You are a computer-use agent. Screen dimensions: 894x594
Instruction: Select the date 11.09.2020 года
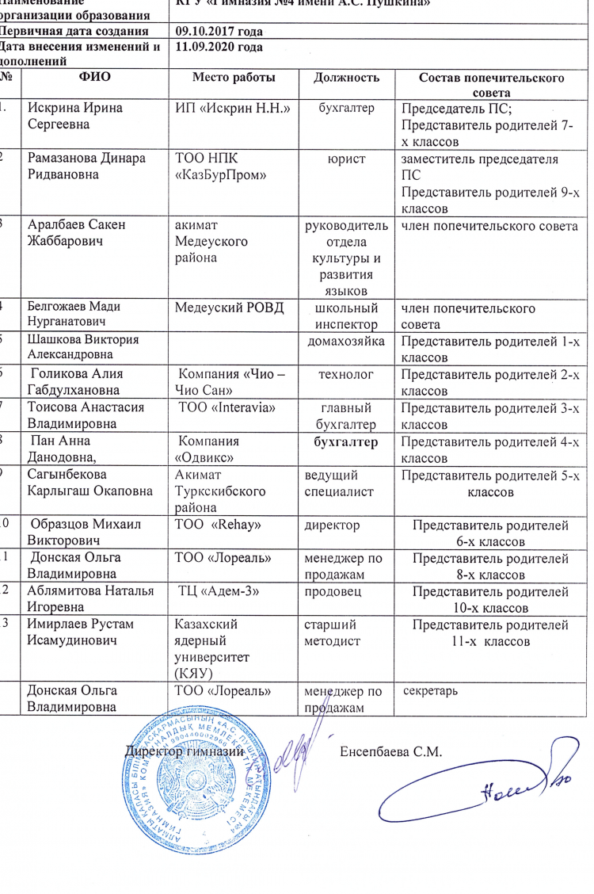point(219,48)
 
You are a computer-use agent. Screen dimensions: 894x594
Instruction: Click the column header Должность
point(347,78)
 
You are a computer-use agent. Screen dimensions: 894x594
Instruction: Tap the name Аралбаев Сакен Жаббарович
point(76,232)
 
